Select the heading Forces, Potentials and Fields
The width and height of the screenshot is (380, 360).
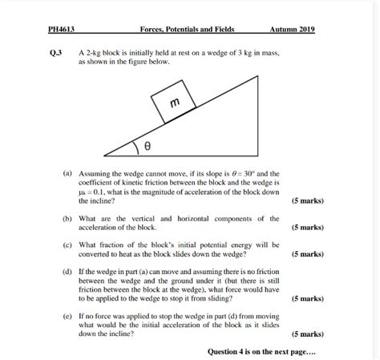(x=187, y=30)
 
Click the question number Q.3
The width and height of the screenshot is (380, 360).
(x=55, y=52)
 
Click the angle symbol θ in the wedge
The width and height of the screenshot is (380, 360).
(x=147, y=147)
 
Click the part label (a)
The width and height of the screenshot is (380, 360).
(x=67, y=172)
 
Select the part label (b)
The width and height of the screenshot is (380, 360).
(x=67, y=218)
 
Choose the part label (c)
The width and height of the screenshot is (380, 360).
(x=67, y=245)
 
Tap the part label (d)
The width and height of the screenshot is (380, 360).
(x=67, y=273)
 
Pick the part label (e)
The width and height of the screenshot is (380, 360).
(x=67, y=316)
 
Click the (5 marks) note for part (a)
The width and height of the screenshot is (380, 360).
(x=307, y=201)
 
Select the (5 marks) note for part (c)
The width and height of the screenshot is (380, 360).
(x=307, y=254)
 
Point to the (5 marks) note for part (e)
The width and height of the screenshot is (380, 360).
(x=307, y=334)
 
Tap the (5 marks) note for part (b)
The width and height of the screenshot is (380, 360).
(x=307, y=228)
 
